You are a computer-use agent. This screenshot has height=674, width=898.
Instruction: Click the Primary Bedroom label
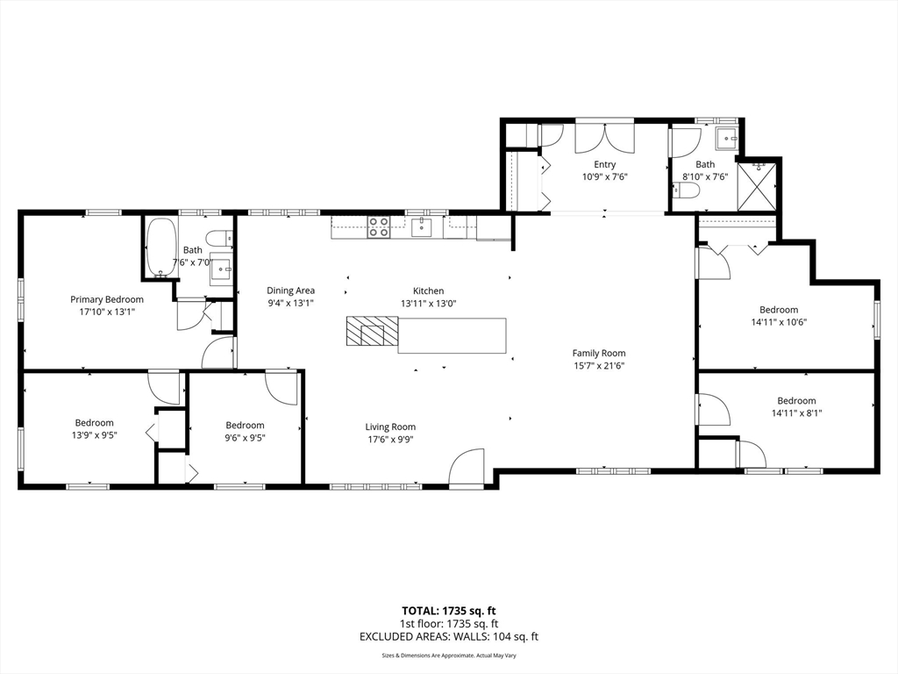[107, 299]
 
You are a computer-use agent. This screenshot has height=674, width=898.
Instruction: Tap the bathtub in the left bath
[160, 247]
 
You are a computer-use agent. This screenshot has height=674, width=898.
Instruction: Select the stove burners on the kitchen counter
[378, 227]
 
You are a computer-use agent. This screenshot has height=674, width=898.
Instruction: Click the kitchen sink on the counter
[422, 228]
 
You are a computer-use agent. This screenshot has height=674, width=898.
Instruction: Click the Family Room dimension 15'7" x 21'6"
[599, 366]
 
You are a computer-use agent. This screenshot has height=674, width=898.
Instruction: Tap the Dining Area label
[290, 290]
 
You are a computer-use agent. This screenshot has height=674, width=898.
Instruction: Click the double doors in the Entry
[604, 138]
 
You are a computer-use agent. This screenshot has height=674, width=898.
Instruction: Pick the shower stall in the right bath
[756, 186]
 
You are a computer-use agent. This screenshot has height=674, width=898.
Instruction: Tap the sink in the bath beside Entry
[727, 139]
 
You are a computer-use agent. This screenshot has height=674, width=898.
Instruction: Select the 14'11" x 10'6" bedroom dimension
[778, 322]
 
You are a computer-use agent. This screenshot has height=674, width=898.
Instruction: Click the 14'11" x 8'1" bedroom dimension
[795, 413]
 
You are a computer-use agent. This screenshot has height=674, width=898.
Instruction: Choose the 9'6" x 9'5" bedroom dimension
[245, 438]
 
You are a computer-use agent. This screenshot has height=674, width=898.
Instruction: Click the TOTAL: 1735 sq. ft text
[448, 611]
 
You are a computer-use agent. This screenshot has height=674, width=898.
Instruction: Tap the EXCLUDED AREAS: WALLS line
[448, 637]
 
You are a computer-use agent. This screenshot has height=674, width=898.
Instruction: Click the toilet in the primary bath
[219, 238]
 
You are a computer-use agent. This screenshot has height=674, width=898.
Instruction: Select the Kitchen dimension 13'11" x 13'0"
[428, 303]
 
